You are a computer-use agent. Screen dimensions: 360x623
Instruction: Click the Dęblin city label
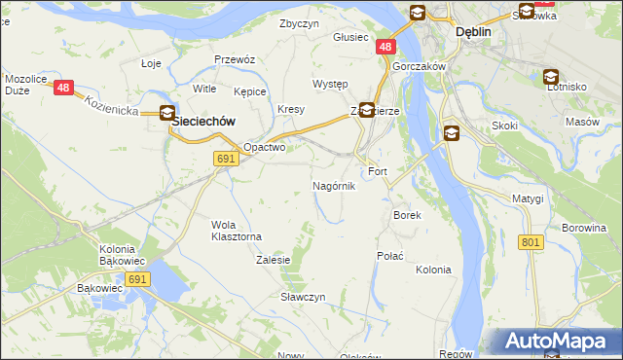(x=473, y=31)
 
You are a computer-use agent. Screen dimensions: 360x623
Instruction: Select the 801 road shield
(x=530, y=241)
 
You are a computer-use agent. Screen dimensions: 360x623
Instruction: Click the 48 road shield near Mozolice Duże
(x=64, y=88)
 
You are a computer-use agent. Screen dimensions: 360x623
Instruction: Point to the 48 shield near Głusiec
(x=387, y=46)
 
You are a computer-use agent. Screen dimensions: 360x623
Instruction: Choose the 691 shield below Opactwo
(x=226, y=159)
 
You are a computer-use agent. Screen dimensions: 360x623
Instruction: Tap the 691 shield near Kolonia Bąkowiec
(x=137, y=279)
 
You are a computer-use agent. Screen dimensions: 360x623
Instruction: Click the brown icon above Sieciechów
(x=167, y=112)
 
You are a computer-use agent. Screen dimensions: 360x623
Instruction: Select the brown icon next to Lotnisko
(x=550, y=76)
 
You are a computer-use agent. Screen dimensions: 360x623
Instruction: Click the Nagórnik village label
(x=334, y=185)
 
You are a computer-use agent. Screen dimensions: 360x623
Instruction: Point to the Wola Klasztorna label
(x=237, y=230)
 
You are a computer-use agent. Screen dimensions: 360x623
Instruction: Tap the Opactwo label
(x=264, y=148)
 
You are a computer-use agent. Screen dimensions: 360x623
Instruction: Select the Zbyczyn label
(x=299, y=23)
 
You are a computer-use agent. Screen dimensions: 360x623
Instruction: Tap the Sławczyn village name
(x=303, y=296)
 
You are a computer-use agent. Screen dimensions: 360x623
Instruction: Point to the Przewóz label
(x=235, y=59)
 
